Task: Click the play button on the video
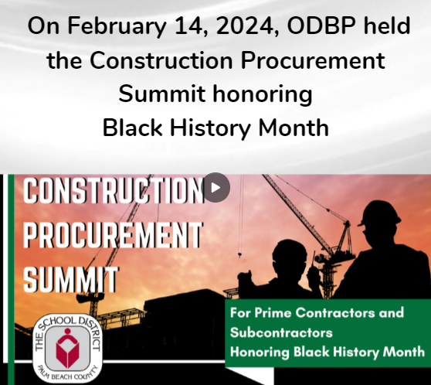(215, 188)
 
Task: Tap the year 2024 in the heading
(247, 26)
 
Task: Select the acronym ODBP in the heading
(321, 26)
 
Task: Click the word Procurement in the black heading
(313, 60)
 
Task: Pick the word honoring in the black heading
(263, 95)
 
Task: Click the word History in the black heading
(210, 129)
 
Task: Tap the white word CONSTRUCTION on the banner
(114, 190)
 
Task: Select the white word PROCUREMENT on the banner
(113, 235)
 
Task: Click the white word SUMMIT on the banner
(71, 279)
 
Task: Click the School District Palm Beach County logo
(67, 349)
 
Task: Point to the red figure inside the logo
(67, 348)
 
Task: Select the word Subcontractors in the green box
(281, 332)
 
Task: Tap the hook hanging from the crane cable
(239, 255)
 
